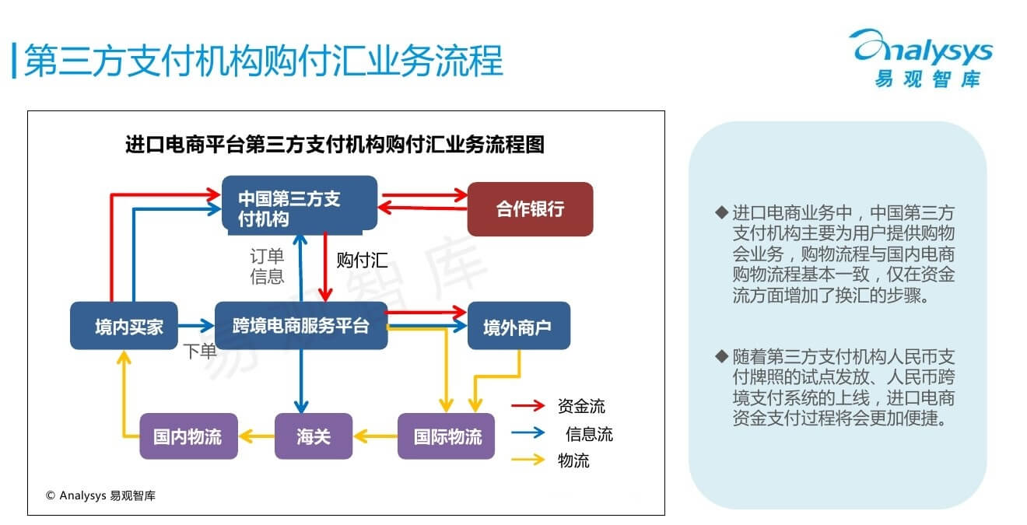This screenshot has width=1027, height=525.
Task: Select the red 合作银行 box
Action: coord(530,209)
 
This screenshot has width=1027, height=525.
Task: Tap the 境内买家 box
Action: coord(124,326)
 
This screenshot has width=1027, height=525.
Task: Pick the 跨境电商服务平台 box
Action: coord(300,325)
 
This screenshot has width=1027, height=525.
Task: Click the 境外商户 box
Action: coord(518,326)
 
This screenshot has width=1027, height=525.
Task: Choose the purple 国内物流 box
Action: coord(188,436)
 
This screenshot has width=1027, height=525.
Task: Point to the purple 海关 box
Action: coord(314,436)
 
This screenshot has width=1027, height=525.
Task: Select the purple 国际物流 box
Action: coord(447,436)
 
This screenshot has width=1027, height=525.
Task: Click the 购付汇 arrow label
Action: coord(362,260)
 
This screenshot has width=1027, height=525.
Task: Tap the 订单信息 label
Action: coord(267,266)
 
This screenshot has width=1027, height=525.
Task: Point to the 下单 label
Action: coord(200,351)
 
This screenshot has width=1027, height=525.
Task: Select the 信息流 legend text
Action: coord(589,434)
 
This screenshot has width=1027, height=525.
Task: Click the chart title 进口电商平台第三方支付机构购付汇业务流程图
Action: coord(335,145)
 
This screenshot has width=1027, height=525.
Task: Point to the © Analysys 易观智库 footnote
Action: coord(100,495)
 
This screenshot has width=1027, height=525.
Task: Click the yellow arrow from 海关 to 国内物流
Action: coord(257,436)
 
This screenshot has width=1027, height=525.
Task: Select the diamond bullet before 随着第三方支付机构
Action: coord(720,356)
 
